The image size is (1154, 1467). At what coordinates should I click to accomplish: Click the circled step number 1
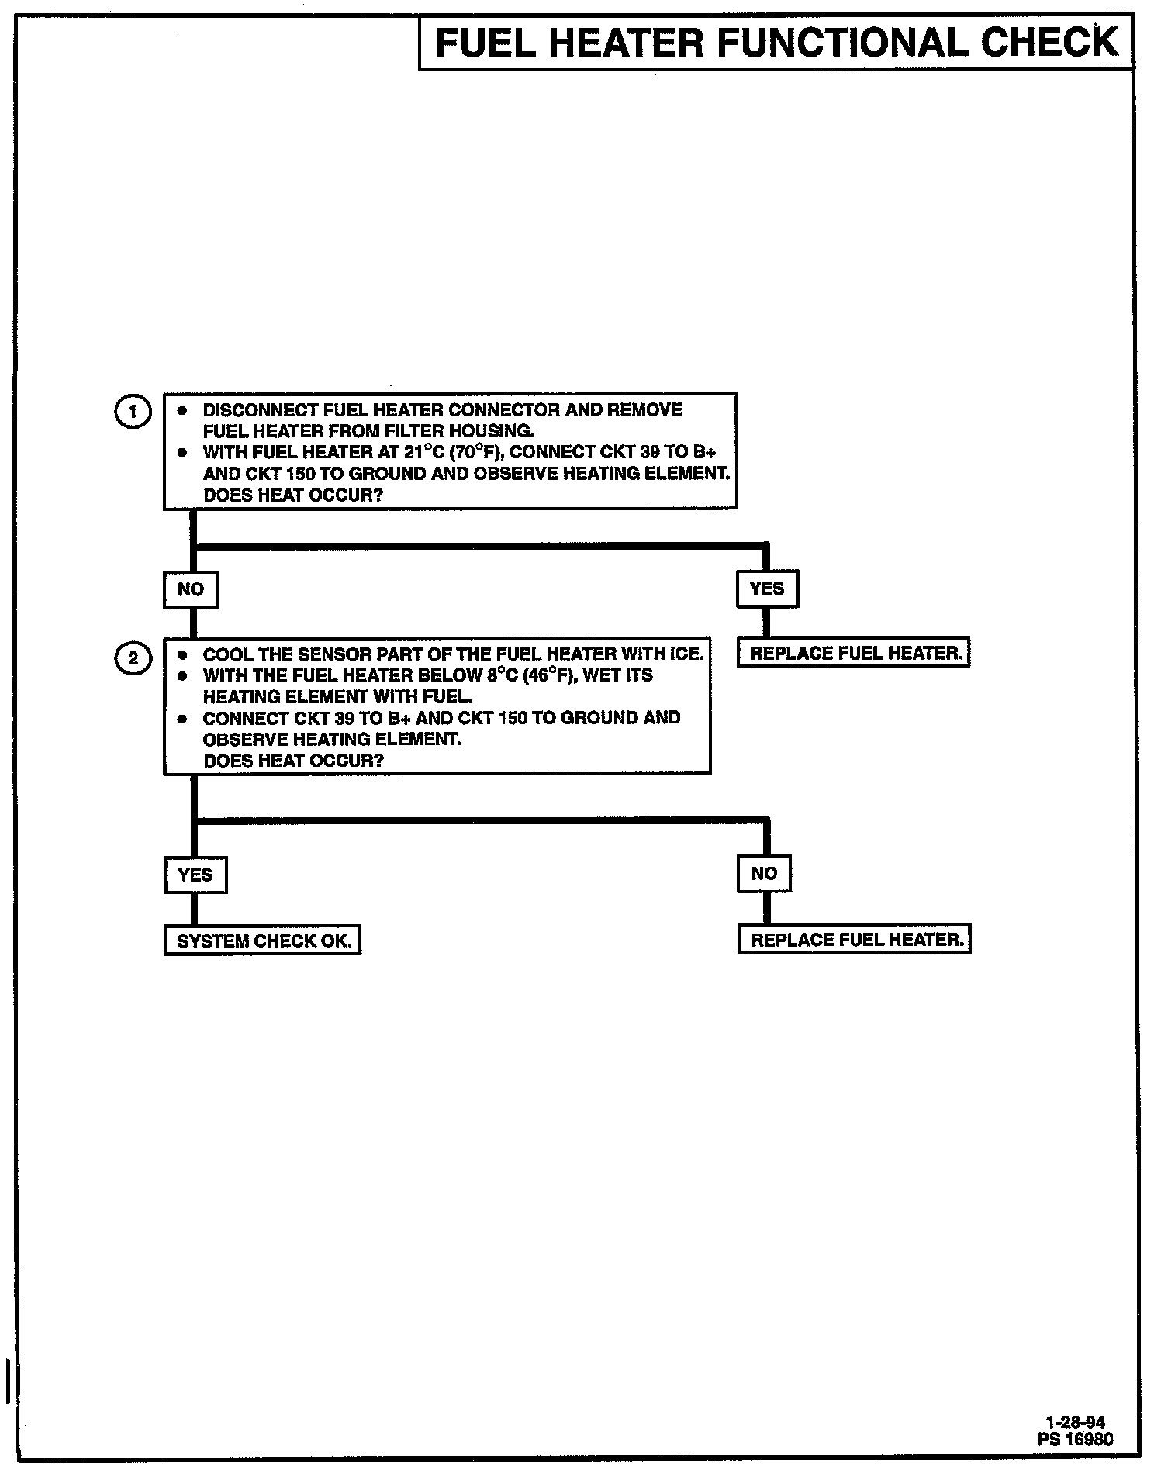pos(133,411)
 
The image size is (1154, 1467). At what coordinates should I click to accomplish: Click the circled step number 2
pos(133,659)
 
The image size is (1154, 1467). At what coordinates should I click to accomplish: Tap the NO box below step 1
pos(191,590)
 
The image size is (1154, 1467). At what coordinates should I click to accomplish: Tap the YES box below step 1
pos(767,589)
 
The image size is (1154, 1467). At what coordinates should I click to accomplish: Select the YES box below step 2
pos(195,875)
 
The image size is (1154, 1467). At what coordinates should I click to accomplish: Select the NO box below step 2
pos(765,875)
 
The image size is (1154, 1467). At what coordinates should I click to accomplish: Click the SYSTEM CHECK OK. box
pos(263,941)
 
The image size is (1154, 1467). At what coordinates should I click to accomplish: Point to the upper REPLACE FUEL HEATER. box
pos(855,654)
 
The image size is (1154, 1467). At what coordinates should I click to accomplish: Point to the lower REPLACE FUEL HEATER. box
pos(855,940)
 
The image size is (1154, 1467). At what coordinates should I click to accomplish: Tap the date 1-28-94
pos(1076,1422)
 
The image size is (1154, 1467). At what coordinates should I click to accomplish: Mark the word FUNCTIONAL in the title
pos(842,43)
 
